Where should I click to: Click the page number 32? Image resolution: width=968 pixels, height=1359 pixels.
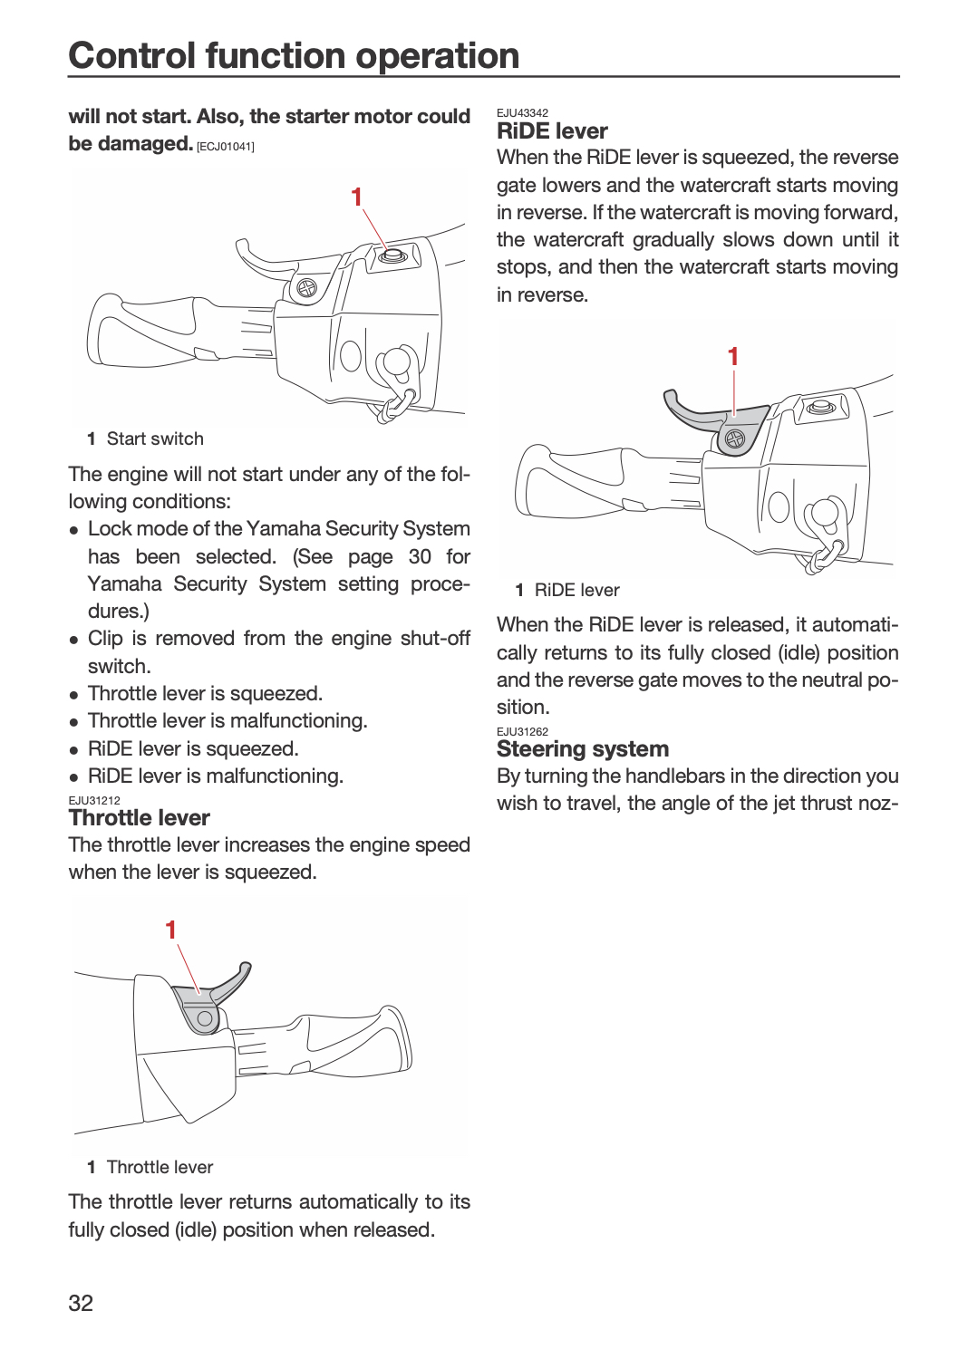coord(81,1303)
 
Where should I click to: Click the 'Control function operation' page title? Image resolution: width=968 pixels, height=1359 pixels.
coord(294,55)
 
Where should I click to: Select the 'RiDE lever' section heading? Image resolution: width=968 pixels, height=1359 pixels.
coord(552,131)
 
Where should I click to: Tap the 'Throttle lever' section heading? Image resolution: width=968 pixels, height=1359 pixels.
coord(139,818)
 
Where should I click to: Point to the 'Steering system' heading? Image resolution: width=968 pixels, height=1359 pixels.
coord(583,749)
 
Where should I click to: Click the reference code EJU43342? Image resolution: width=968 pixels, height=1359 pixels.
coord(522,113)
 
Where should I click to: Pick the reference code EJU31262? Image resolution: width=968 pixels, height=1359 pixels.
coord(522,732)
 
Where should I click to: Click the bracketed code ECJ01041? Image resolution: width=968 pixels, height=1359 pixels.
coord(225,147)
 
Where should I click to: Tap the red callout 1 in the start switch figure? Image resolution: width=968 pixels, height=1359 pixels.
coord(357,197)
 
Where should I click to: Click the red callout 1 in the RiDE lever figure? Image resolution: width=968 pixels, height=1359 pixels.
coord(733,357)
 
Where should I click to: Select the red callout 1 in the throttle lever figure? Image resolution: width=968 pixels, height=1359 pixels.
coord(171,930)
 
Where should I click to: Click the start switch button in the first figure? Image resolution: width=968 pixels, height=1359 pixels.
coord(390,255)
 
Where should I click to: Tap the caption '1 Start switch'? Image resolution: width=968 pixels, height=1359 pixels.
coord(146,439)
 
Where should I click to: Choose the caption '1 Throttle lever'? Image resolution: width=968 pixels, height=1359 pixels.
coord(150,1167)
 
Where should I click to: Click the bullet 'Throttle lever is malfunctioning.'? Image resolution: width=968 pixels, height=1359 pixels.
coord(227,721)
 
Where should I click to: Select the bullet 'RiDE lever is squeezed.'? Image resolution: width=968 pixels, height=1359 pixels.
coord(194,748)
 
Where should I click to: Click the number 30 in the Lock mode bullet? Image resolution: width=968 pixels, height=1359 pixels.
coord(420,556)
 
